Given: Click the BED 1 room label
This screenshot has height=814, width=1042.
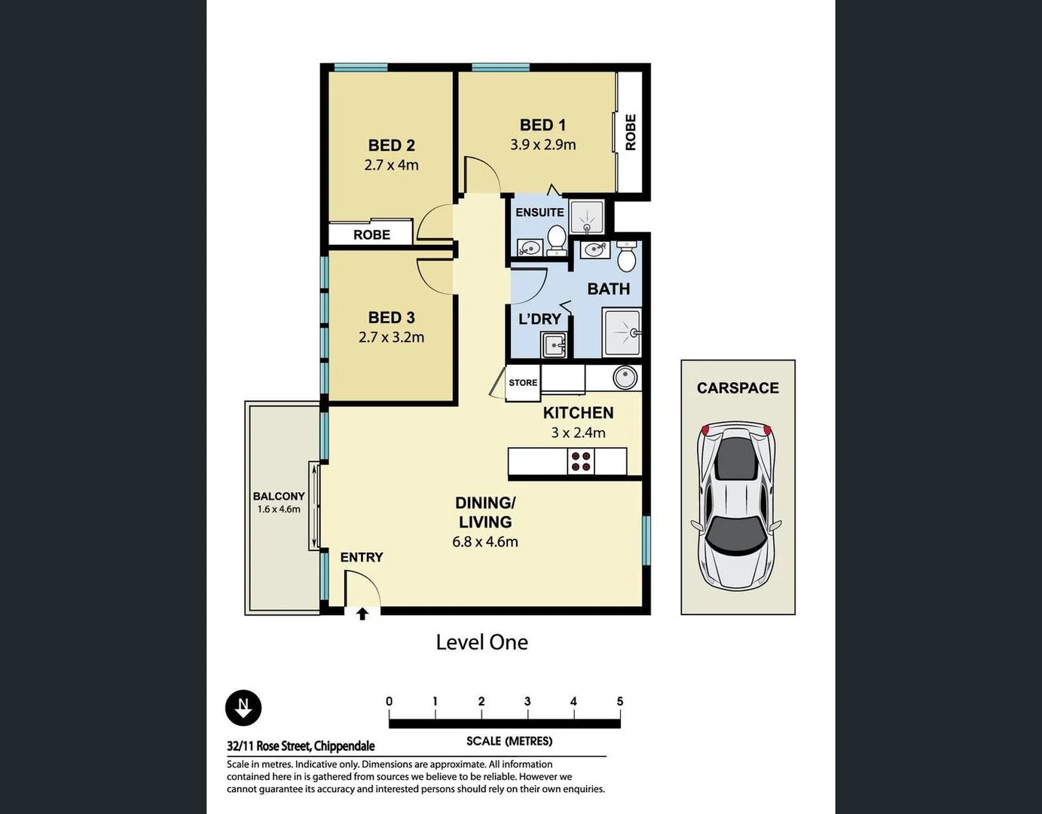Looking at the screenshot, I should pyautogui.click(x=542, y=125).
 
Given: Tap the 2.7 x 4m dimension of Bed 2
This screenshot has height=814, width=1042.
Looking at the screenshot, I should pyautogui.click(x=391, y=165).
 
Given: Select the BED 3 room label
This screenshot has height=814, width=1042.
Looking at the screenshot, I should pyautogui.click(x=391, y=318).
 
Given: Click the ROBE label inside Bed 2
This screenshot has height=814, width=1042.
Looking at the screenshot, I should pyautogui.click(x=371, y=234).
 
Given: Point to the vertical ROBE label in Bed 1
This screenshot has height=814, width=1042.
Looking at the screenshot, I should pyautogui.click(x=631, y=132).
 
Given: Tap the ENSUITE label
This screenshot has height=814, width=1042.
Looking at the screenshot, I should pyautogui.click(x=539, y=213).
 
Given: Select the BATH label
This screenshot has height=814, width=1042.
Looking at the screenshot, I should pyautogui.click(x=608, y=289).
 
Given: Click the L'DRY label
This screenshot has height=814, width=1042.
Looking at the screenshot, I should pyautogui.click(x=539, y=319).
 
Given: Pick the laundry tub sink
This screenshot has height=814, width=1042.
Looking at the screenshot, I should pyautogui.click(x=555, y=345).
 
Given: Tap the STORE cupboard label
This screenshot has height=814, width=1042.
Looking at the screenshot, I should pyautogui.click(x=523, y=383).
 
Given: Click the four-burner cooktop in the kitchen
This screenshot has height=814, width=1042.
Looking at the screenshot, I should pyautogui.click(x=581, y=461).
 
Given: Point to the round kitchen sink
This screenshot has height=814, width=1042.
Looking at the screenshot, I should pyautogui.click(x=625, y=377).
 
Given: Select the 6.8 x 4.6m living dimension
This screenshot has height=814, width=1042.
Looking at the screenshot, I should pyautogui.click(x=484, y=541).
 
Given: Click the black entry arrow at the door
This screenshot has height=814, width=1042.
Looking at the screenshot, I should pyautogui.click(x=362, y=614).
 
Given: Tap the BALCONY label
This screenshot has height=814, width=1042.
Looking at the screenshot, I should pyautogui.click(x=279, y=496).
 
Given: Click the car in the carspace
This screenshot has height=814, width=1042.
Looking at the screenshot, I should pyautogui.click(x=736, y=506).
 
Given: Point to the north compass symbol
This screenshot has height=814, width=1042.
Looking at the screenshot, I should pyautogui.click(x=243, y=708).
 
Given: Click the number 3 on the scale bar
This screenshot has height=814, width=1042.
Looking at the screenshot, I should pyautogui.click(x=527, y=701).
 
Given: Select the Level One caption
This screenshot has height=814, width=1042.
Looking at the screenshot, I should pyautogui.click(x=481, y=642).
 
